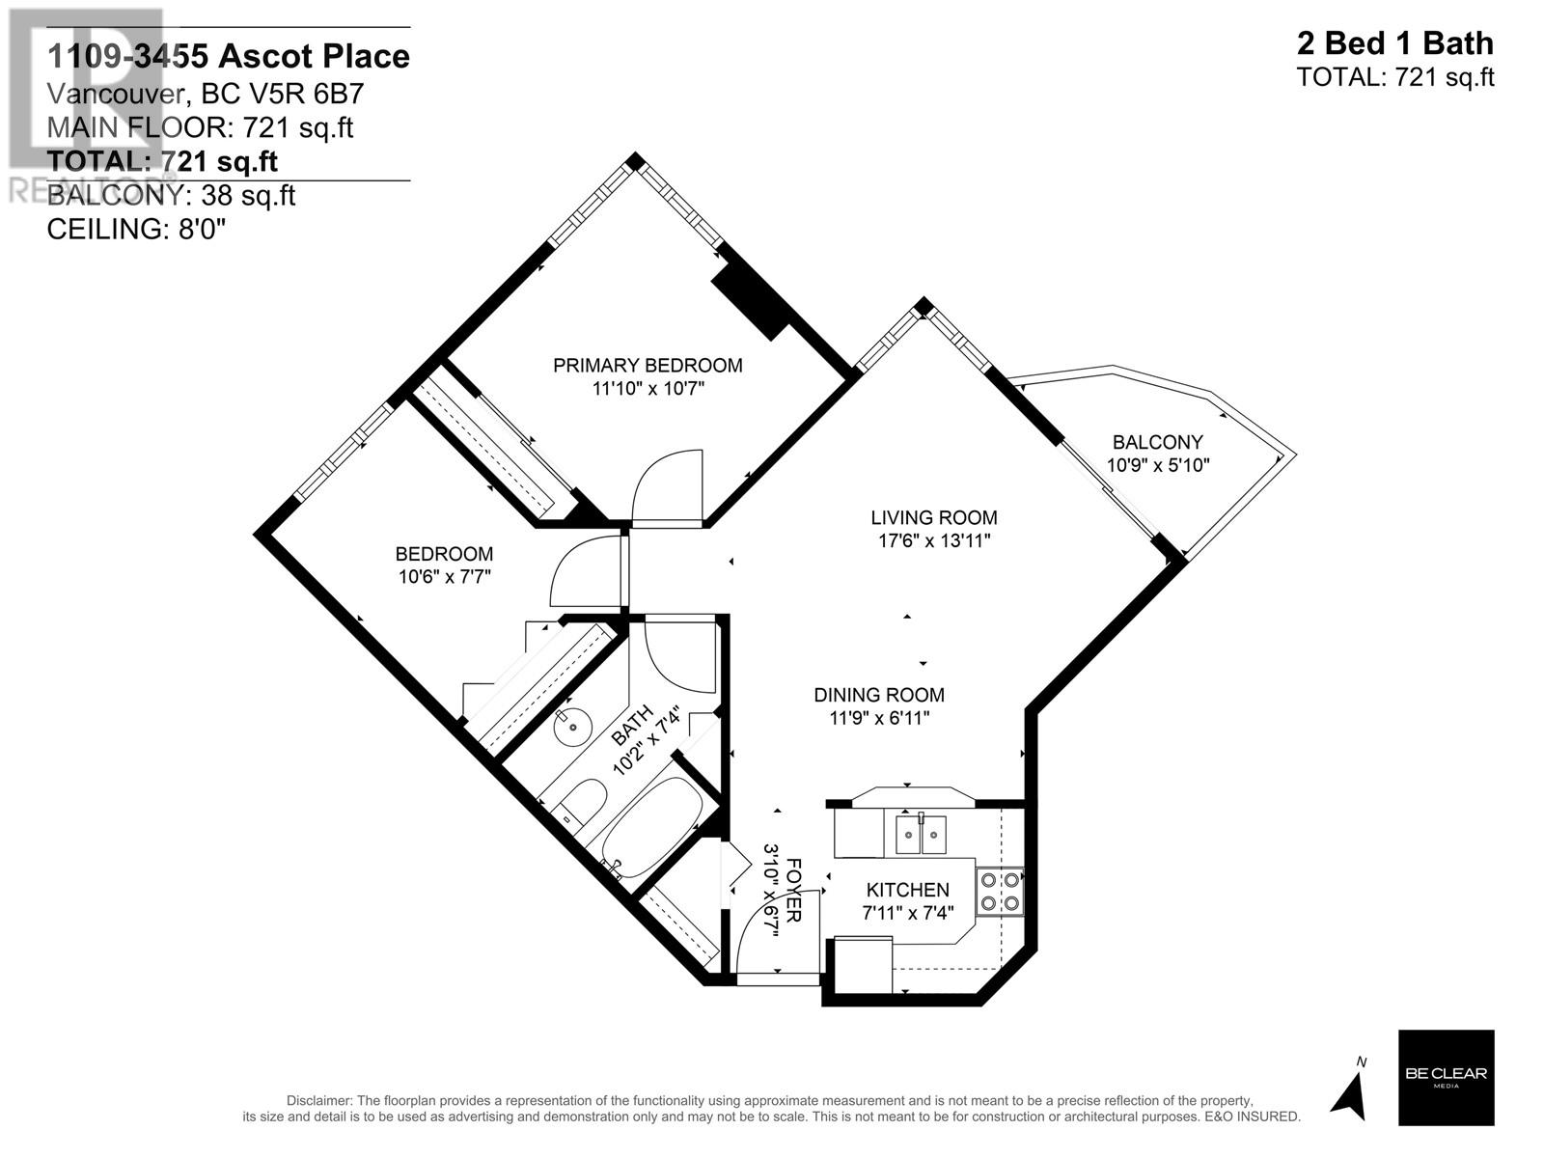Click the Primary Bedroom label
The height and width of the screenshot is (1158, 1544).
[648, 366]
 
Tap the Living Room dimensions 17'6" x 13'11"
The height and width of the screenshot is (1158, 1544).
[933, 541]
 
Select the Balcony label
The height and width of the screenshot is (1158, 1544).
[1157, 442]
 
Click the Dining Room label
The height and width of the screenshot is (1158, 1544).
[878, 695]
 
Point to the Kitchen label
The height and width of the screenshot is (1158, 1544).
[907, 890]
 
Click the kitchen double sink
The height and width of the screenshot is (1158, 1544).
[921, 834]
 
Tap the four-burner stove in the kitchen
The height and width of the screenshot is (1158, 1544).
[1001, 892]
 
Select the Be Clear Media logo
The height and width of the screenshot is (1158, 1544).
[1446, 1077]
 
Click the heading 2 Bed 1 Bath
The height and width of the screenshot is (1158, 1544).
[1394, 43]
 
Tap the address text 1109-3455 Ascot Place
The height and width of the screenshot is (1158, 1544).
[229, 57]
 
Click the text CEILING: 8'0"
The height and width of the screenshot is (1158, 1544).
[136, 230]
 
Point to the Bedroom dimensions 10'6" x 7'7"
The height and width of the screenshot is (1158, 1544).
[444, 577]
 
